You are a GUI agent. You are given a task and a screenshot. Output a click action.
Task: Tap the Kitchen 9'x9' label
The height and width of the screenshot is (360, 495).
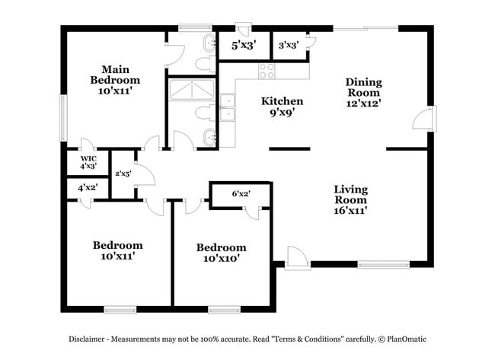tap(282, 107)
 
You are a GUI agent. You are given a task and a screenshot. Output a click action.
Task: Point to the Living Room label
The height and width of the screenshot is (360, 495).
tap(350, 200)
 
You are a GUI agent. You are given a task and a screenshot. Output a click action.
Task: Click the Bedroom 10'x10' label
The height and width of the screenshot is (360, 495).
tap(221, 253)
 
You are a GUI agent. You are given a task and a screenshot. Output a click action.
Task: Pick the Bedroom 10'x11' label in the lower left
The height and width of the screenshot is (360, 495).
tap(117, 251)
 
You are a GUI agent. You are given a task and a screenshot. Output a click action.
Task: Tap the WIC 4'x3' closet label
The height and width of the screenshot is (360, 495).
tap(88, 161)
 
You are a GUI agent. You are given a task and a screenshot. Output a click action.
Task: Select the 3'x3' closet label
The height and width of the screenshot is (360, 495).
tap(288, 46)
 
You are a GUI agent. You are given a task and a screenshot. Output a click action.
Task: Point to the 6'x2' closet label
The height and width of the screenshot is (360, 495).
tap(241, 194)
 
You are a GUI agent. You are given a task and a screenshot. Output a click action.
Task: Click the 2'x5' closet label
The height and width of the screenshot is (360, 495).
tap(123, 174)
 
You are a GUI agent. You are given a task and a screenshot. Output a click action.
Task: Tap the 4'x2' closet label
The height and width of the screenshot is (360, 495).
tap(88, 187)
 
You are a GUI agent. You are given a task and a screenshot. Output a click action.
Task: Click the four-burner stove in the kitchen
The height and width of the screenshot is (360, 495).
tap(267, 71)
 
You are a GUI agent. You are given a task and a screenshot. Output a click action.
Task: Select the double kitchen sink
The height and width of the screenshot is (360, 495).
tap(227, 107)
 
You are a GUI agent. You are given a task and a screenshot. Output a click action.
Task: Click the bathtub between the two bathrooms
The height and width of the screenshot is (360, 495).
tap(191, 90)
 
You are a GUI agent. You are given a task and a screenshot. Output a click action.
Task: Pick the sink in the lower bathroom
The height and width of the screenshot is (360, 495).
tap(209, 138)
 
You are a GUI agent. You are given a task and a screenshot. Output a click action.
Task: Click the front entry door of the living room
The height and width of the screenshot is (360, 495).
tap(297, 259)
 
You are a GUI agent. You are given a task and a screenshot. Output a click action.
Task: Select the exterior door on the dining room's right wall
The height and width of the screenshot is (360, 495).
tap(420, 120)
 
